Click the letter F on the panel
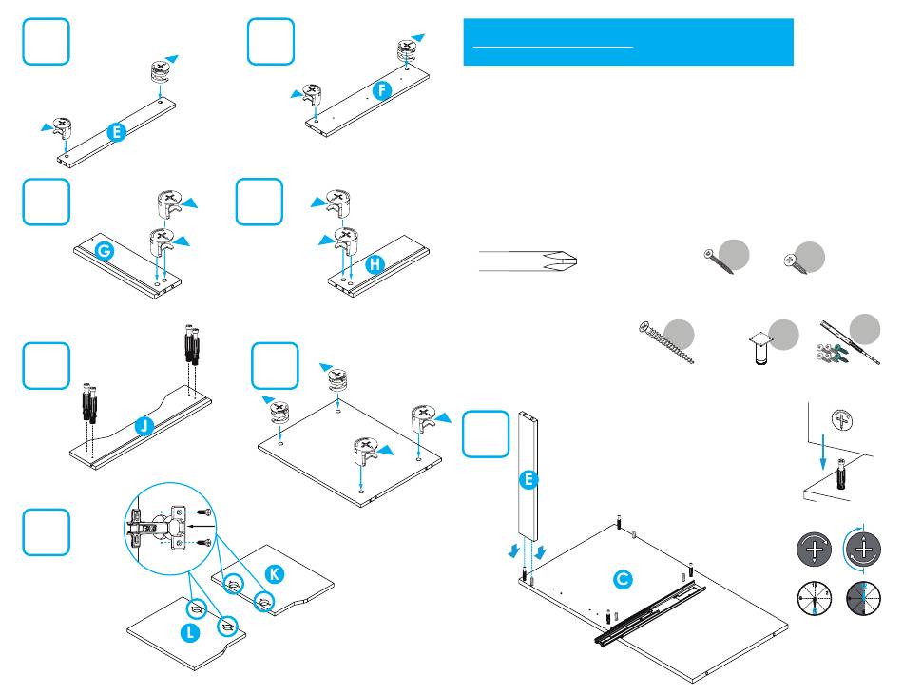381,90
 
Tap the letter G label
106,252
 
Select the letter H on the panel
375,266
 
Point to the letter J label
143,428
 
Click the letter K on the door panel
274,574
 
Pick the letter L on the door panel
191,631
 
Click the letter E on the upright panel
528,481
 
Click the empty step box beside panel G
47,203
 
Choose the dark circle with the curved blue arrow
862,550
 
